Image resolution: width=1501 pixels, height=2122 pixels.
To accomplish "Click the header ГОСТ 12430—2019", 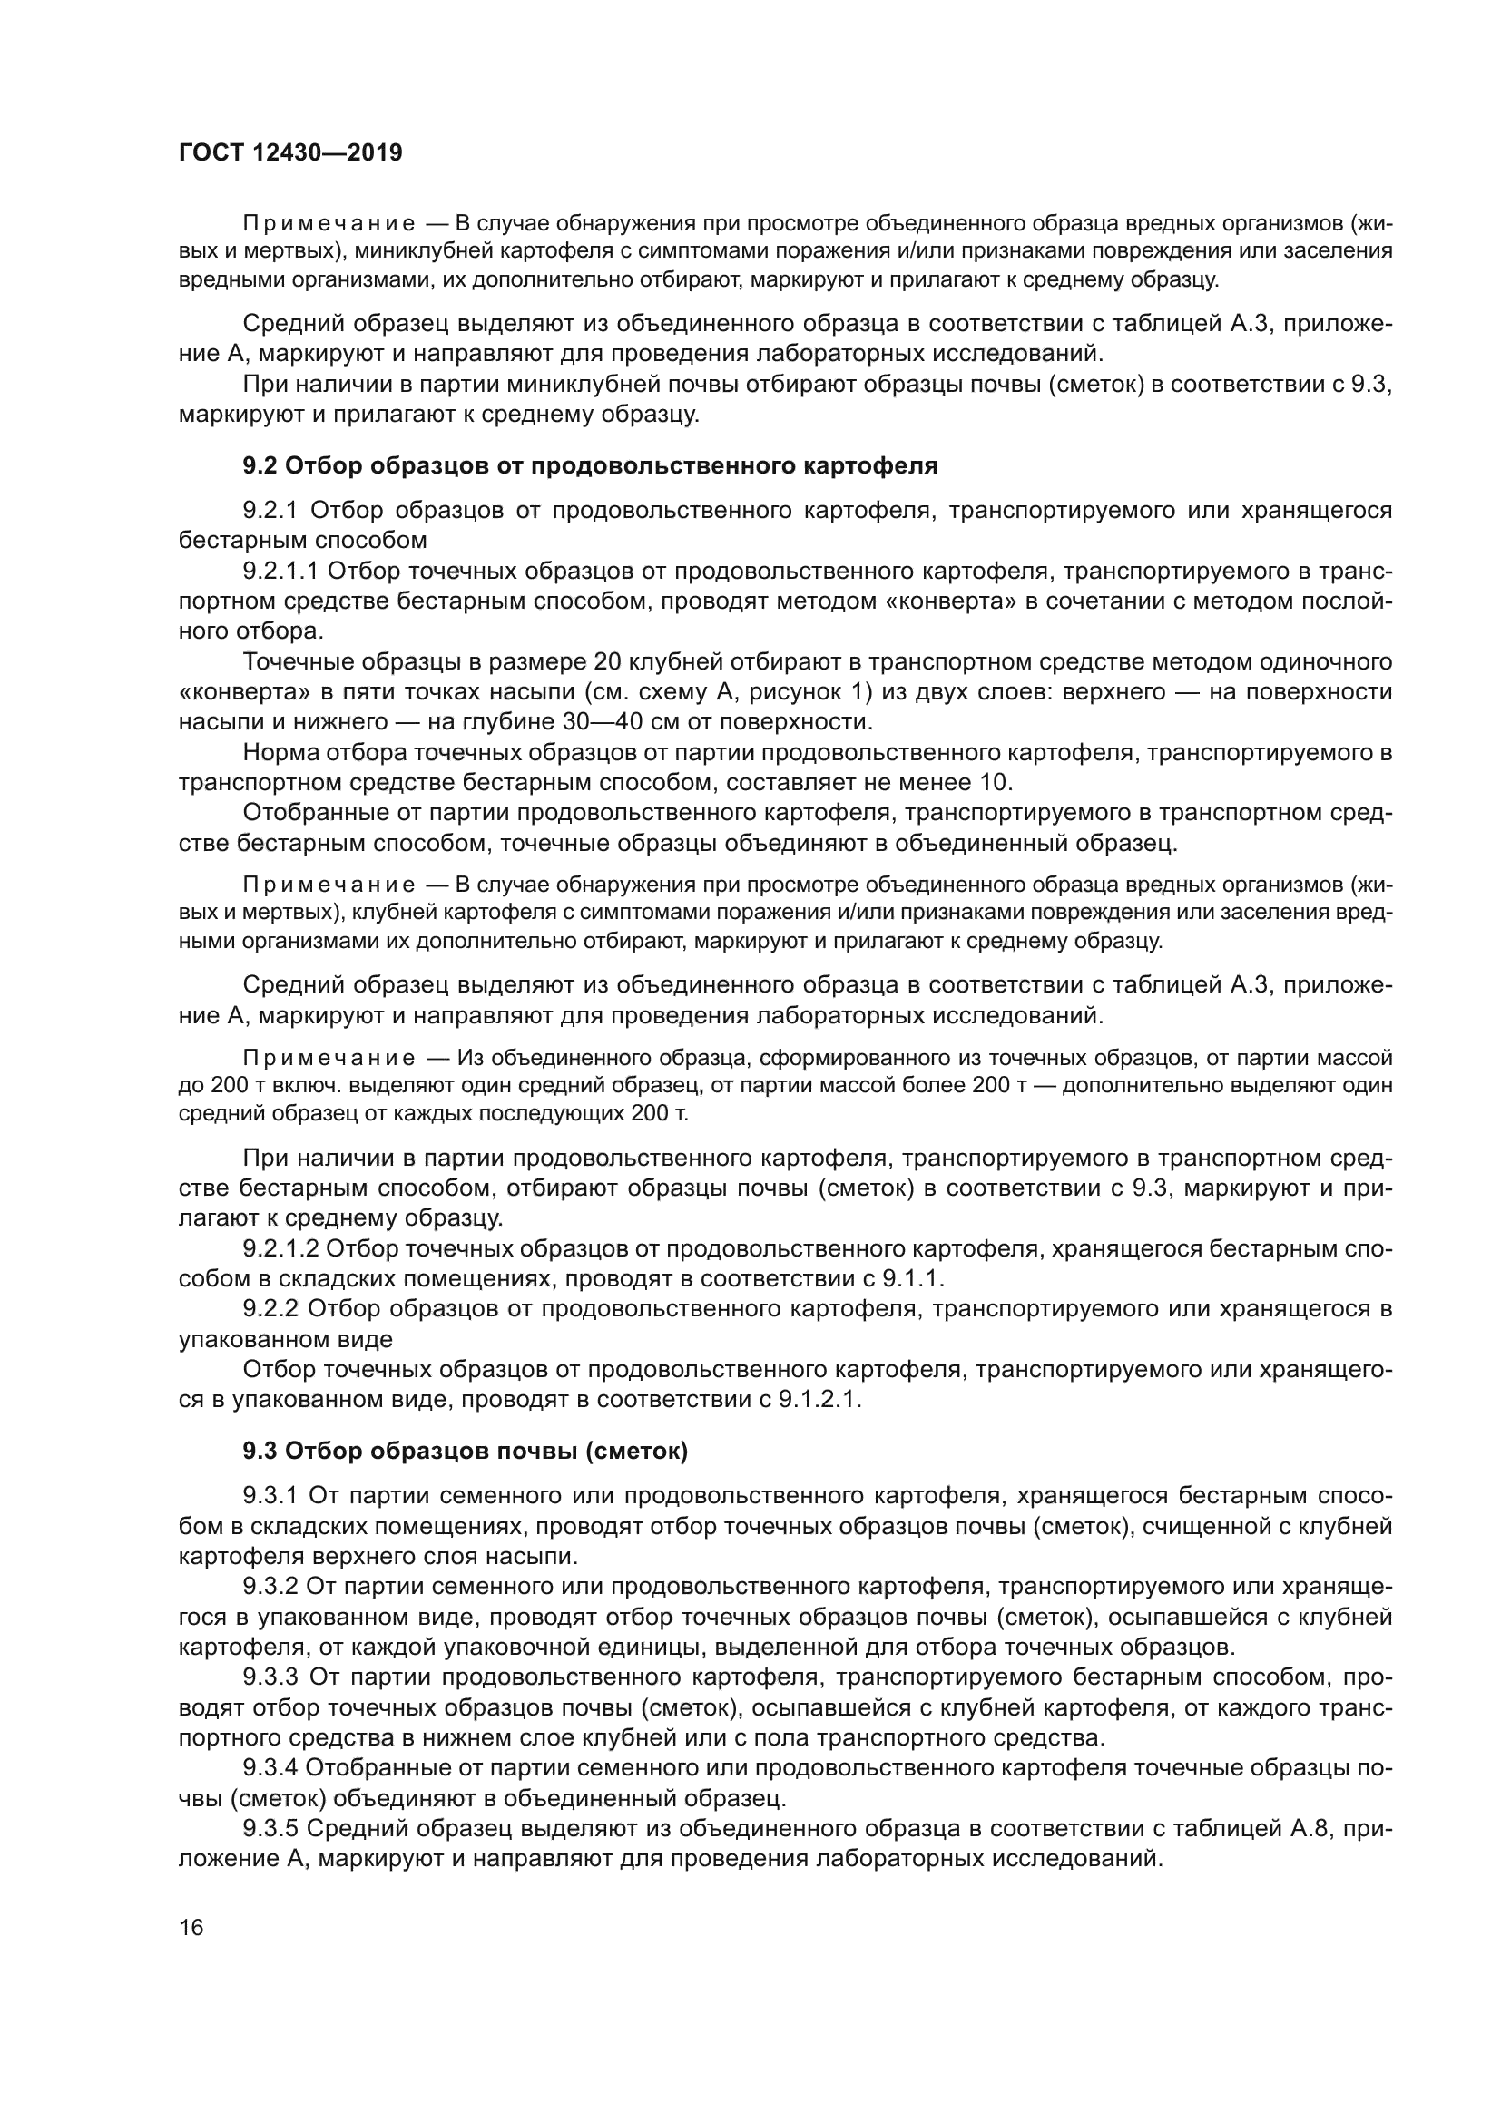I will coord(290,152).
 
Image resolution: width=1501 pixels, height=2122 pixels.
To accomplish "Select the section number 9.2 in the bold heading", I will coord(260,465).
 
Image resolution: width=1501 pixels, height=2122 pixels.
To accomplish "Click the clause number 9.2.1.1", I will coord(280,572).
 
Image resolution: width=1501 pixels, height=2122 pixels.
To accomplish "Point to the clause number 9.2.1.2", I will coord(280,1248).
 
